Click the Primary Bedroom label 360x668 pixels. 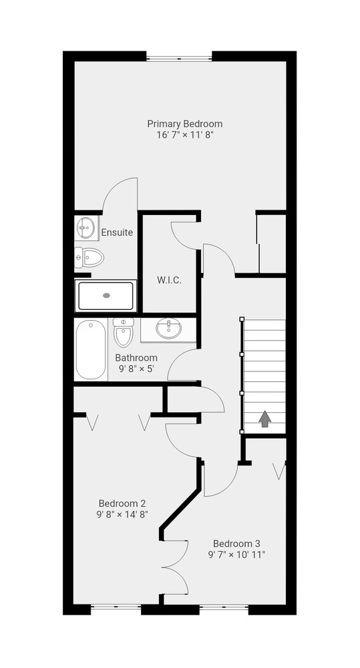point(184,124)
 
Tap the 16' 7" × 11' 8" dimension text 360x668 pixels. point(184,135)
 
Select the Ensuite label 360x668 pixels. point(117,232)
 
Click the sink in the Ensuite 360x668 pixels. point(86,228)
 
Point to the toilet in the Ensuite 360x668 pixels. point(89,258)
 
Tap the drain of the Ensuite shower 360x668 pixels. point(106,295)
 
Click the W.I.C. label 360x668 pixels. point(170,281)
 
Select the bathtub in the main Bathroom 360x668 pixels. point(91,350)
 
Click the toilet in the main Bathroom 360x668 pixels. point(124,332)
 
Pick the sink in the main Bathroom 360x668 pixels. point(168,329)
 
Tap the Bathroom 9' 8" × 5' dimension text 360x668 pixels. point(136,368)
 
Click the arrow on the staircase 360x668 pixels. point(265,419)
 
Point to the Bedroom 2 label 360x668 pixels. point(122,503)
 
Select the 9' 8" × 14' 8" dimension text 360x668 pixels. point(122,514)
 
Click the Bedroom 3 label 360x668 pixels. point(236,544)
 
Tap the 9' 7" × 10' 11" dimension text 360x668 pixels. point(236,554)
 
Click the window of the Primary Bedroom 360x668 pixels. point(179,57)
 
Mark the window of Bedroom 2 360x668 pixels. point(116,609)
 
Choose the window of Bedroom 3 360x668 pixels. point(224,609)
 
